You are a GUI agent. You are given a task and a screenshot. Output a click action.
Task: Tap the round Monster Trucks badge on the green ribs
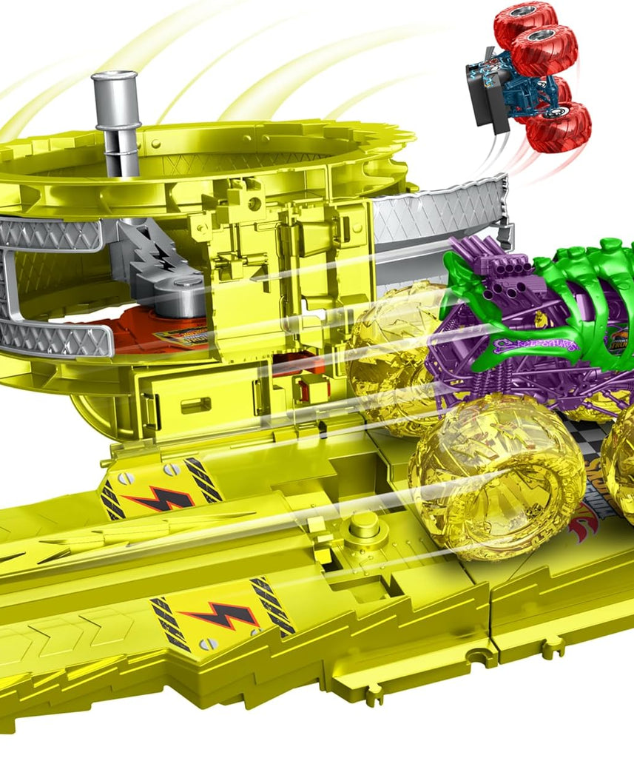click(618, 341)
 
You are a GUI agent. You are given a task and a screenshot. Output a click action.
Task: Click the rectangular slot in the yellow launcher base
click(195, 405)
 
